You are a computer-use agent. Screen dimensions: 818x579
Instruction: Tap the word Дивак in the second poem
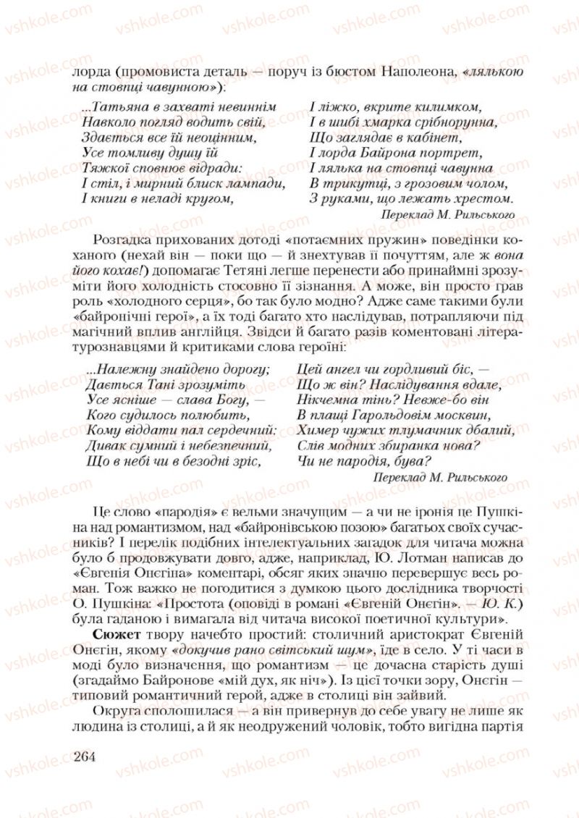tap(105, 445)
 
